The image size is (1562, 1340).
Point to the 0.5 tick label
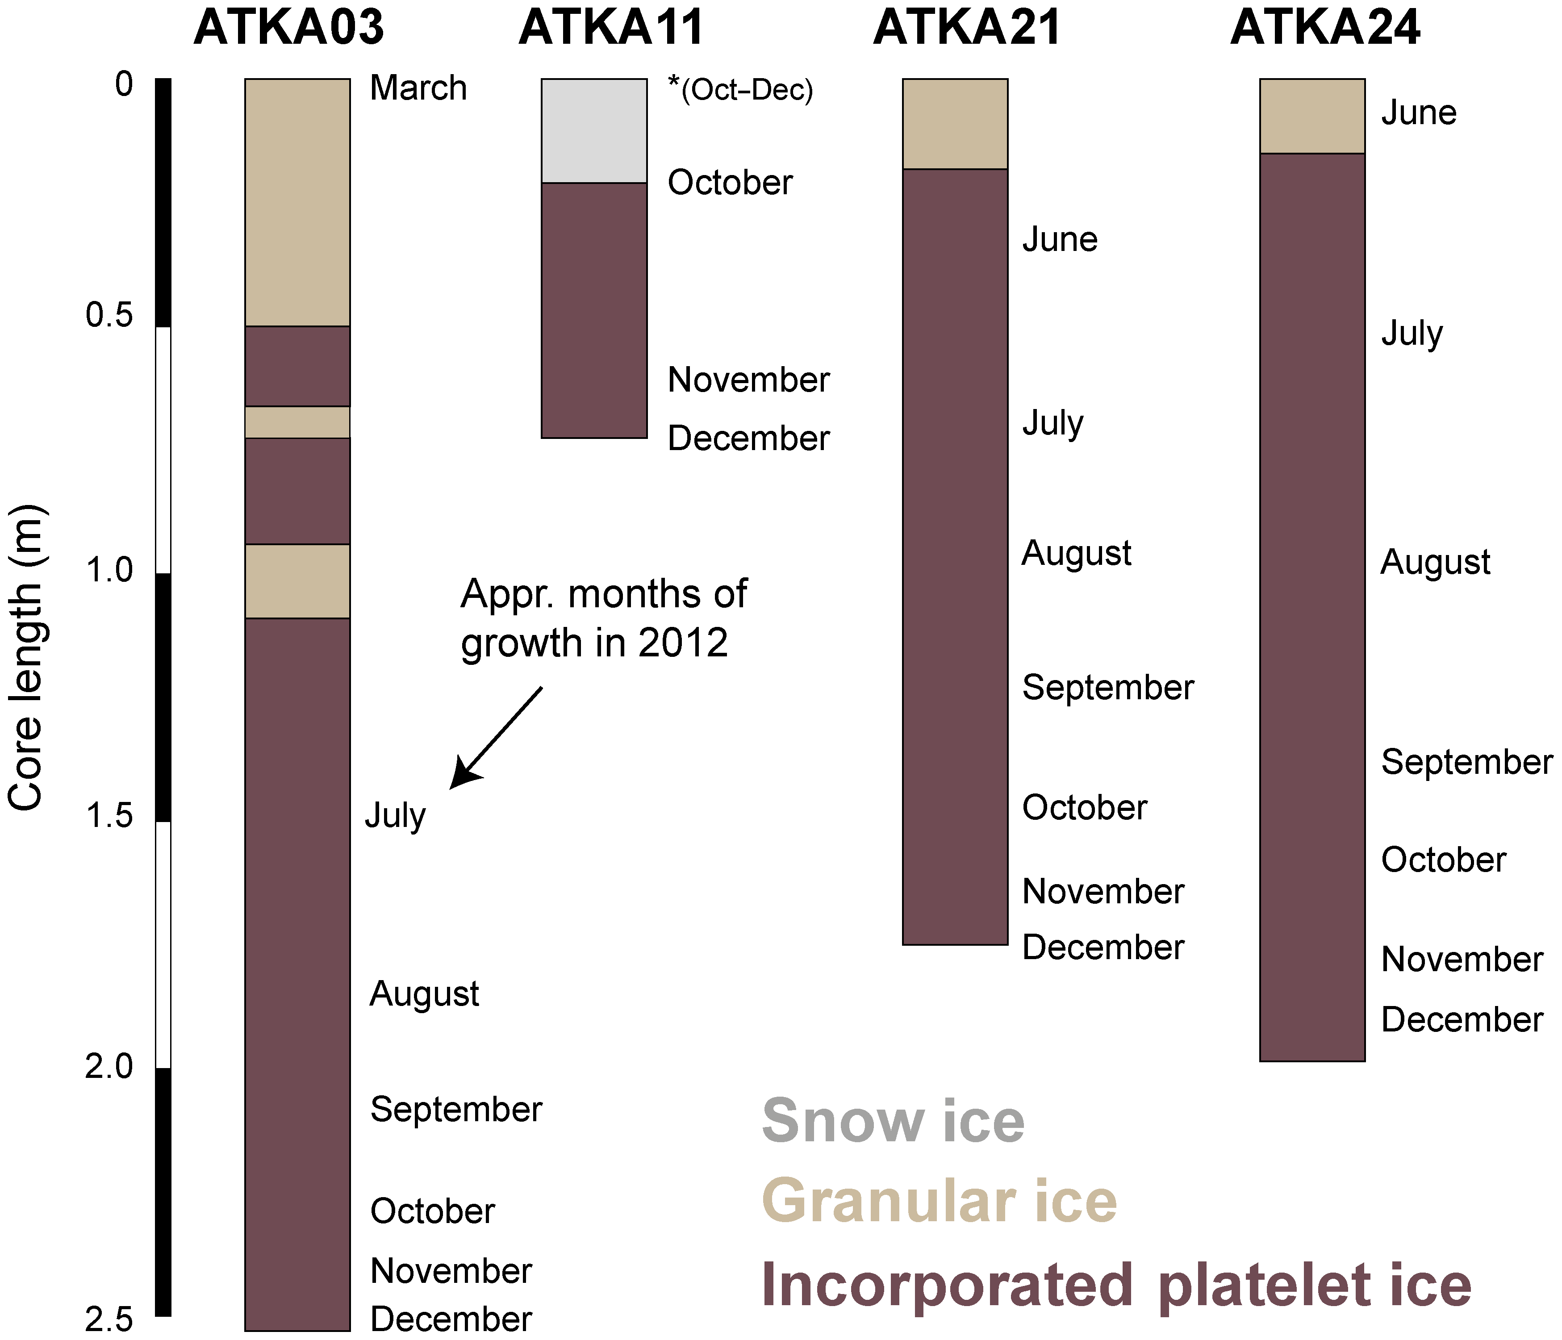pos(109,315)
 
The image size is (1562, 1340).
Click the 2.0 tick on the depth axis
pos(109,1067)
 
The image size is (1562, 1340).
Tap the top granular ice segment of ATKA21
pos(955,124)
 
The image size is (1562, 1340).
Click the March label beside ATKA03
pos(418,88)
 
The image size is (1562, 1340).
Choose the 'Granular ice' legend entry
pos(940,1201)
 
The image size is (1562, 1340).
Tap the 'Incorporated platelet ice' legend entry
pos(1116,1285)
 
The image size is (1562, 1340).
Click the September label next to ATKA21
pos(1108,687)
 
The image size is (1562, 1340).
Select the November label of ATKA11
pos(748,380)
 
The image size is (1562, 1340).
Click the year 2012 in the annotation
pos(683,643)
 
